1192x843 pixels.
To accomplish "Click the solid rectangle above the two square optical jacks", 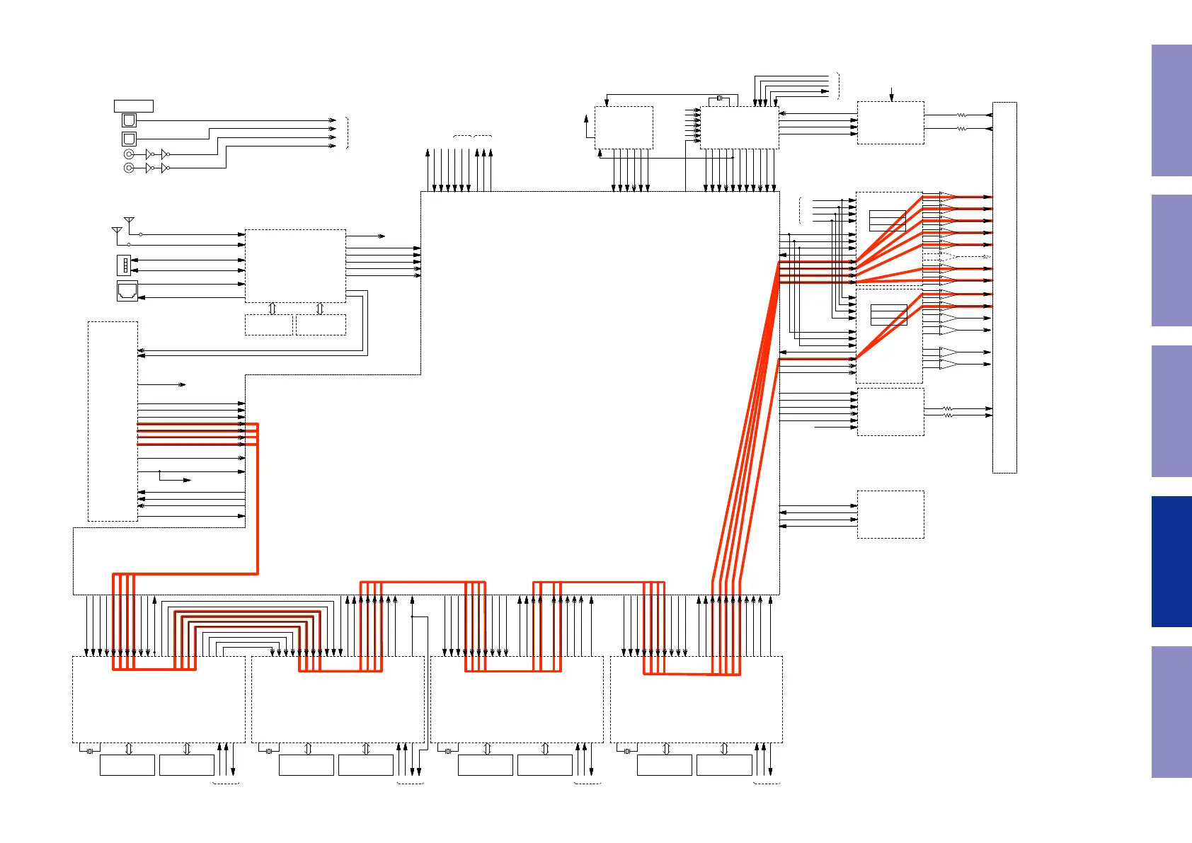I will point(134,106).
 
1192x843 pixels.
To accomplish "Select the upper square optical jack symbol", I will point(129,120).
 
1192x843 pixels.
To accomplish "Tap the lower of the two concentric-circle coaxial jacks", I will point(129,168).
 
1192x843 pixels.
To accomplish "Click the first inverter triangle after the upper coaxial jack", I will point(149,154).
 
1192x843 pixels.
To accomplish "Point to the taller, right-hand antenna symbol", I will point(129,222).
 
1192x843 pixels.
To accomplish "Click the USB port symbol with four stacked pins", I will point(124,265).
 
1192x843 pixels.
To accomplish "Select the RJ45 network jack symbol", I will point(127,291).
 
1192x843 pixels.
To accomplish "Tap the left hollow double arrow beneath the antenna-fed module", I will point(272,309).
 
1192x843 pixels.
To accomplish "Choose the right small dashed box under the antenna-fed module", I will point(321,325).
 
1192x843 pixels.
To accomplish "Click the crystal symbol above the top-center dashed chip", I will point(719,98).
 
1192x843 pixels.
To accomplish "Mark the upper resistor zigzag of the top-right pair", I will point(961,115).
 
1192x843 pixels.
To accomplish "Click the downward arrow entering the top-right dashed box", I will point(891,94).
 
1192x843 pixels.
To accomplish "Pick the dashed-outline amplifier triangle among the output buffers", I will point(948,257).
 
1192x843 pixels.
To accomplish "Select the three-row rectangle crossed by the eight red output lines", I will point(888,221).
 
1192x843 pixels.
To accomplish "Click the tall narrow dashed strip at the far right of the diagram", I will point(1004,287).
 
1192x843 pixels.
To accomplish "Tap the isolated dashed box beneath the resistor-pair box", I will point(890,515).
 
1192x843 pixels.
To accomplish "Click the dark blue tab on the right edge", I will point(1171,561).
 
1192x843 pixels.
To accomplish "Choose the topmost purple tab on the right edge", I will point(1171,110).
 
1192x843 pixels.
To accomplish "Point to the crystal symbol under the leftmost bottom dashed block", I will point(90,751).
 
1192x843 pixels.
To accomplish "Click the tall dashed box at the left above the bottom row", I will point(113,422).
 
